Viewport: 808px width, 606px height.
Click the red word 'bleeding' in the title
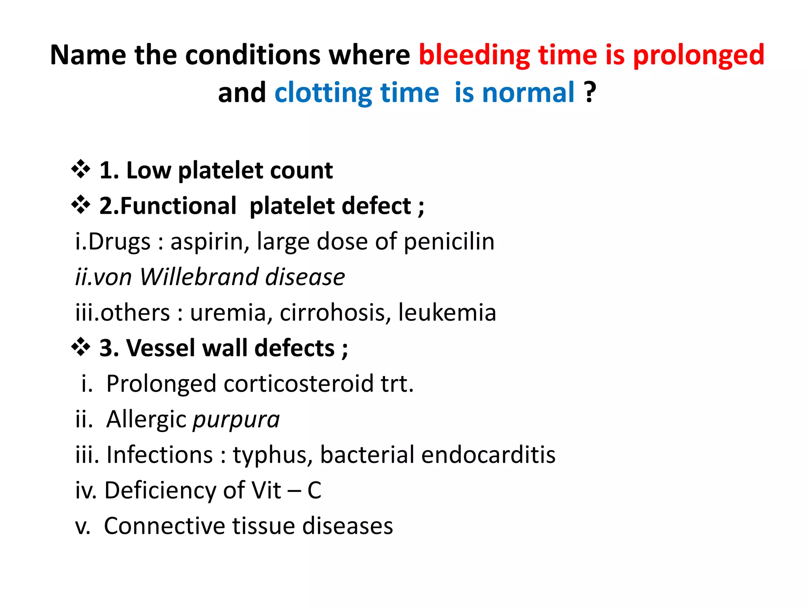474,55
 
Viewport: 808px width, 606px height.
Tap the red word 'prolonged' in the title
699,55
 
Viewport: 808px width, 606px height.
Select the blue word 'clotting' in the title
323,93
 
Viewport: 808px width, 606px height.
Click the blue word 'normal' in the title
528,93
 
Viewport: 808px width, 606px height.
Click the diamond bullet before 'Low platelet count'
81,170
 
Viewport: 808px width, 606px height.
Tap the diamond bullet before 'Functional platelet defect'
81,206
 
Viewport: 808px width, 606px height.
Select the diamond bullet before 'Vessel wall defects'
81,348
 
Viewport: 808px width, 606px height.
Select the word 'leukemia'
447,313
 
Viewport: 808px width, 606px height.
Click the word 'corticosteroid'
299,384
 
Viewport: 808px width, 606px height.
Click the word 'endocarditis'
488,455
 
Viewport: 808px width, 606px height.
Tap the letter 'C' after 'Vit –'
314,491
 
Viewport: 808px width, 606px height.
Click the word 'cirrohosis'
335,313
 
